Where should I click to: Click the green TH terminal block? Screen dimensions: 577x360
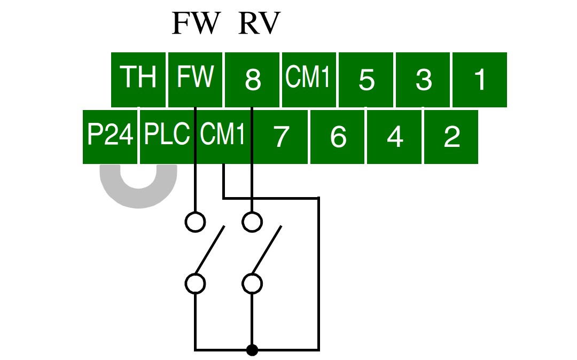(x=138, y=80)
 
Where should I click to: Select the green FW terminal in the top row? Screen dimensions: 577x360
(x=195, y=80)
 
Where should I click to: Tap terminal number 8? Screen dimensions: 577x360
(x=252, y=80)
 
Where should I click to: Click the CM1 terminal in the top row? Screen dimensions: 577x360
(x=309, y=80)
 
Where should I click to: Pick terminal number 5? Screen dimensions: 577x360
(x=366, y=80)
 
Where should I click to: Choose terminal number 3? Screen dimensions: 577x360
(x=423, y=80)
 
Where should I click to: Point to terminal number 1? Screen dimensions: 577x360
(x=479, y=80)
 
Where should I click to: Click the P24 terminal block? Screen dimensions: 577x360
(x=110, y=137)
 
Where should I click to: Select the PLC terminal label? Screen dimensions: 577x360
(x=167, y=134)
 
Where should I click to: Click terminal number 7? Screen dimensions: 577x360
(x=280, y=137)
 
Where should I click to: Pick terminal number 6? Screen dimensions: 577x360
(x=337, y=137)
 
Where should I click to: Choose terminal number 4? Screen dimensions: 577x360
(x=394, y=137)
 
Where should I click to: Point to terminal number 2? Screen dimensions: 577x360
(x=451, y=137)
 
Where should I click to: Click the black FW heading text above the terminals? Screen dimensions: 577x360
(x=196, y=23)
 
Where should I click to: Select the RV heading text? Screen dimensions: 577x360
(x=260, y=23)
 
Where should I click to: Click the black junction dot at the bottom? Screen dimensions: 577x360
(x=252, y=350)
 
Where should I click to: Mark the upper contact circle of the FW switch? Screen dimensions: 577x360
(x=195, y=222)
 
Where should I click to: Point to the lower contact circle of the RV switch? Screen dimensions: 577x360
(x=252, y=284)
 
